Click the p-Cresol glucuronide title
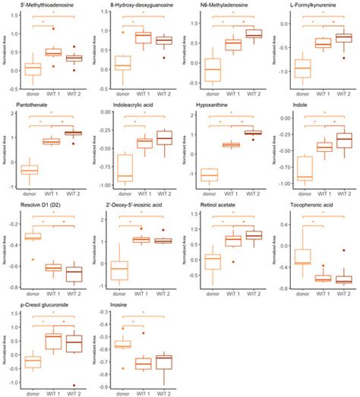click(x=35, y=301)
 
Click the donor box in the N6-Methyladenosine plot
click(x=212, y=69)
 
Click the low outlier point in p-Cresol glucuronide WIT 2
click(x=75, y=385)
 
